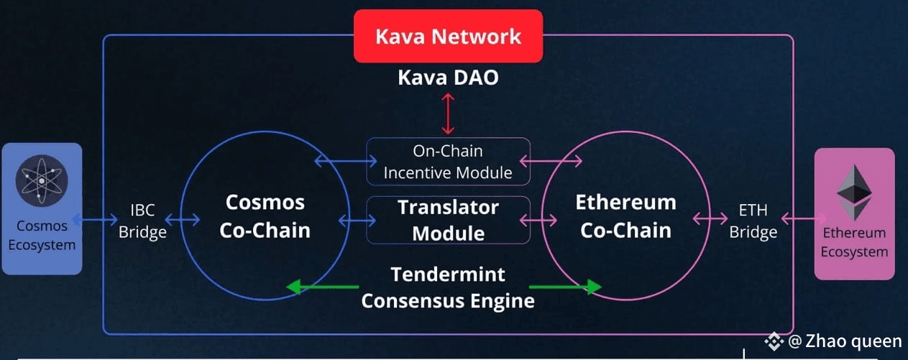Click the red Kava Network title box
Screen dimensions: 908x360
click(449, 36)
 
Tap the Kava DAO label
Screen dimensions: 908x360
click(448, 78)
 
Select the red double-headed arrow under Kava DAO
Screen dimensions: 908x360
click(448, 114)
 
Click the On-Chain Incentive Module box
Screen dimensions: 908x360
click(449, 162)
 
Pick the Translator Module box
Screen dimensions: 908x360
click(449, 220)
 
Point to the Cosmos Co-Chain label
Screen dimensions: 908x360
click(265, 216)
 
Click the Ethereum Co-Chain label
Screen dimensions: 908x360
click(626, 216)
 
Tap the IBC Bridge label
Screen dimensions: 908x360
click(142, 221)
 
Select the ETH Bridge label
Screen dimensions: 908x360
click(753, 221)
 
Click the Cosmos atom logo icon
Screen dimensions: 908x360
click(42, 180)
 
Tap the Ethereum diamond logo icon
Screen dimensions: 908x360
click(854, 193)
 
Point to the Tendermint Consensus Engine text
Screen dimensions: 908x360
click(448, 287)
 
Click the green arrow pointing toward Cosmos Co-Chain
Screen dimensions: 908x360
click(322, 287)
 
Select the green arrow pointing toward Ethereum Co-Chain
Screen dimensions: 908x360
click(566, 287)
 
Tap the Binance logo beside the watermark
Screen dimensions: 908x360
click(774, 341)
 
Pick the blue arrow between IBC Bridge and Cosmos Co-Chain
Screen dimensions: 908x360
click(183, 220)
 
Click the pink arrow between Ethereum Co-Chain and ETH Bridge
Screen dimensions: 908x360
click(710, 218)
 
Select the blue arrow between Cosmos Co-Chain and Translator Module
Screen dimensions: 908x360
click(357, 221)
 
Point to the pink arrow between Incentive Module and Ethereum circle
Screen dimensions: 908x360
click(551, 161)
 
